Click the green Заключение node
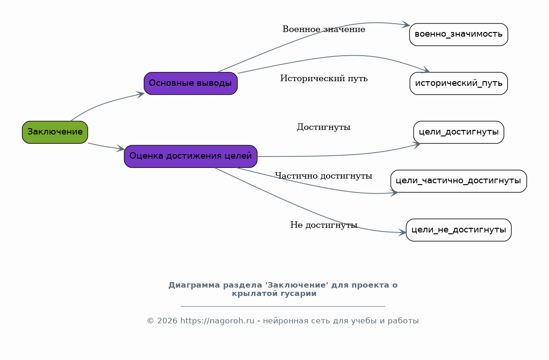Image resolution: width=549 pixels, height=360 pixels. click(55, 132)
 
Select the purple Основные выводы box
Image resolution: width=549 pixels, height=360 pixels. click(191, 84)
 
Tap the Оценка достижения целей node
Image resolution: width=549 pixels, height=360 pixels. click(191, 156)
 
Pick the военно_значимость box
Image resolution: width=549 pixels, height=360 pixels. click(459, 35)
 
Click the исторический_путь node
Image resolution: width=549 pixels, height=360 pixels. click(459, 84)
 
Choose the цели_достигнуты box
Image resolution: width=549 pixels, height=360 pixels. click(459, 132)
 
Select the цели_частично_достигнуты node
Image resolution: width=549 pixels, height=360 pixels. click(459, 181)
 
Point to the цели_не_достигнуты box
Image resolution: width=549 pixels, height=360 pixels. click(459, 230)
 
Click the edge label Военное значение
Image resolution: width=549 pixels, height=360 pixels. click(324, 29)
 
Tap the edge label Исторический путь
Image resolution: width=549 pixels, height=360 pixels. click(324, 78)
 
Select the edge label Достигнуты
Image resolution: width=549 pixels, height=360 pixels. click(324, 127)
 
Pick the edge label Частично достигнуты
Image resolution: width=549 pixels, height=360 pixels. click(324, 176)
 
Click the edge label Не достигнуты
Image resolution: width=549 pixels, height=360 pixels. click(324, 225)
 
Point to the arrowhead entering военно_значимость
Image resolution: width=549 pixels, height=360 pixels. click(406, 25)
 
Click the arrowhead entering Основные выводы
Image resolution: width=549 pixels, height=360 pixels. click(140, 94)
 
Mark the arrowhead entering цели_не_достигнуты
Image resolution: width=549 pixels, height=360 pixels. click(402, 232)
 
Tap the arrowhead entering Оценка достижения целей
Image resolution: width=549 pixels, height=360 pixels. click(121, 148)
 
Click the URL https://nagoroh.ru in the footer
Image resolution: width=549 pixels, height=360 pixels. click(217, 321)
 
